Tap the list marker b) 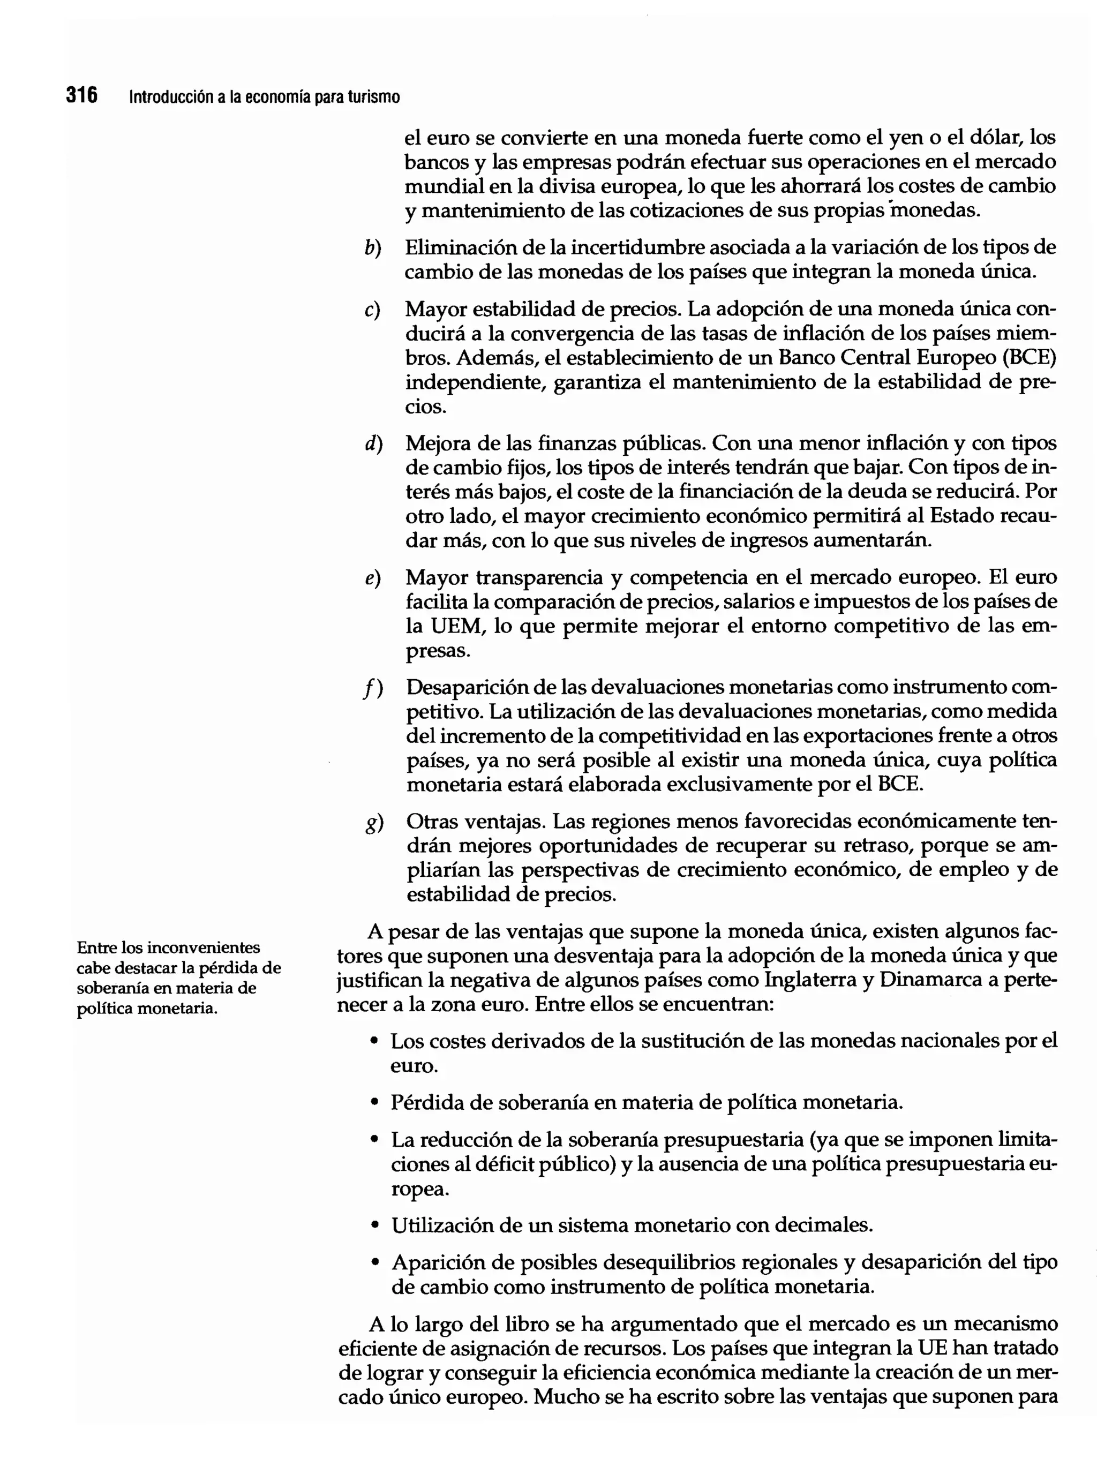click(x=373, y=248)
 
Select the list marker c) click(x=372, y=310)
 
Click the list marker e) click(x=373, y=578)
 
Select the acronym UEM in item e click(x=451, y=626)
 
